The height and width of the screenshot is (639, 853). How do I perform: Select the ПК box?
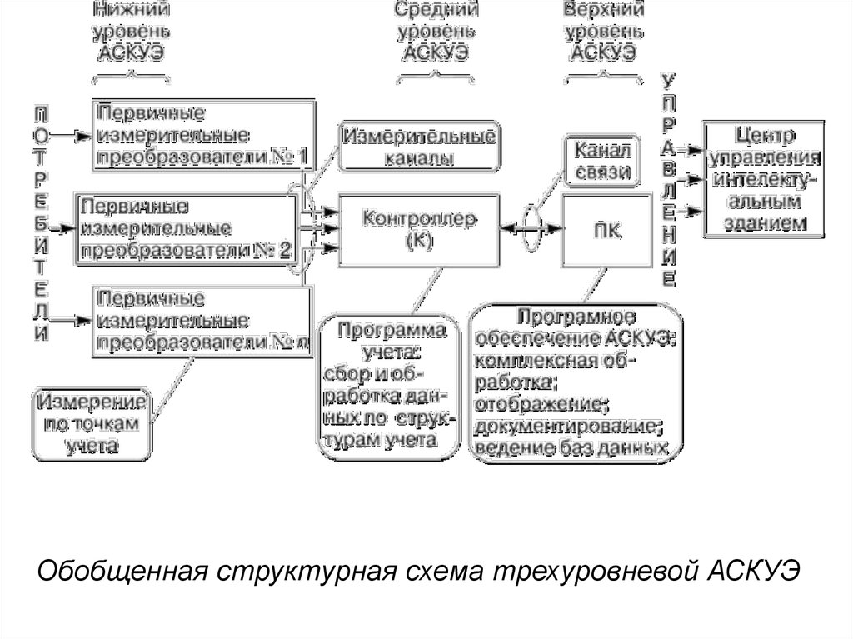(x=606, y=231)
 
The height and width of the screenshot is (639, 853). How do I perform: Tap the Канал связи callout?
(x=598, y=161)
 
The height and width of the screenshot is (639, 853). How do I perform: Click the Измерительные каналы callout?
(x=419, y=146)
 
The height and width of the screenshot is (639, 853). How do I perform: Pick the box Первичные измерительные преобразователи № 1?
(x=202, y=133)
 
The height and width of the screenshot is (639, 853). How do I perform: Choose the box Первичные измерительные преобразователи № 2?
(x=186, y=227)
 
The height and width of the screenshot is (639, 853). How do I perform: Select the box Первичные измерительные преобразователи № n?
(x=202, y=322)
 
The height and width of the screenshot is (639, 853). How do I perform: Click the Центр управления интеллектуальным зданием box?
(x=763, y=178)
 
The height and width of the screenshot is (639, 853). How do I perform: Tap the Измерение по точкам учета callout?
(x=93, y=422)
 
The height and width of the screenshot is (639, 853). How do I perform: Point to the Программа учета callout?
(x=389, y=384)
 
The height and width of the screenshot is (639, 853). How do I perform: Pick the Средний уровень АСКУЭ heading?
(x=436, y=32)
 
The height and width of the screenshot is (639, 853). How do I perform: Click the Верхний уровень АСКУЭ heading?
(x=603, y=32)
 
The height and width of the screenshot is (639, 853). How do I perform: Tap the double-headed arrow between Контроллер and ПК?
(x=531, y=227)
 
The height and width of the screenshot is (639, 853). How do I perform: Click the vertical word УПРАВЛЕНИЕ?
(x=668, y=180)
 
